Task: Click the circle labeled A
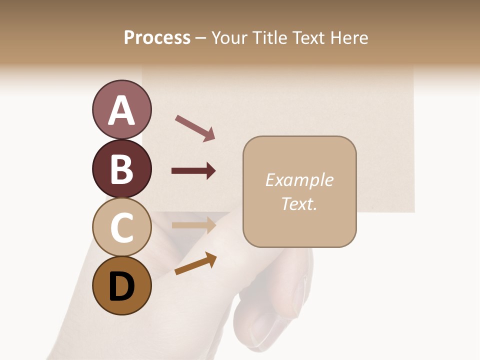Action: (x=121, y=109)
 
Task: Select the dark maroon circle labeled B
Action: (x=121, y=168)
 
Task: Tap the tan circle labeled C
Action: (x=121, y=227)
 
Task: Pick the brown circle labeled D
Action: (x=121, y=286)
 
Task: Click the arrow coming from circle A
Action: (x=195, y=128)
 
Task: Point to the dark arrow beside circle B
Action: (x=193, y=171)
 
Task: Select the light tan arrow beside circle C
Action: (x=193, y=225)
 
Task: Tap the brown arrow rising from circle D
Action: (x=195, y=263)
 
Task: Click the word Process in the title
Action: (x=157, y=37)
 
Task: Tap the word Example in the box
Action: (x=299, y=180)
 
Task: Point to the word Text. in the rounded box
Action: (x=299, y=203)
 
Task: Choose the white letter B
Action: (x=121, y=168)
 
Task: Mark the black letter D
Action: (x=121, y=287)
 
